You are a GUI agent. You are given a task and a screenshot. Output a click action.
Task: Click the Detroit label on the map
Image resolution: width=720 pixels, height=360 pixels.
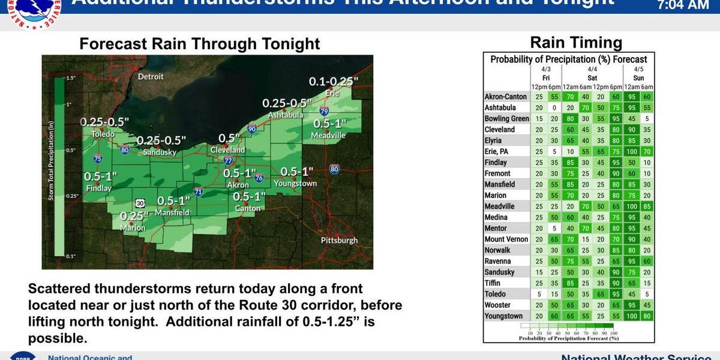[151, 77]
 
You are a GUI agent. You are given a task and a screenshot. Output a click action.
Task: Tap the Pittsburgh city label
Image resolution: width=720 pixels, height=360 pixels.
[339, 240]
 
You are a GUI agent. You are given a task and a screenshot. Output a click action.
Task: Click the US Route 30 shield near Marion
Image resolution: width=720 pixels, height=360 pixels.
[139, 203]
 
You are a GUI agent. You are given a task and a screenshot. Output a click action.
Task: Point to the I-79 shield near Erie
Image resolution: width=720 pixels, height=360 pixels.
[324, 112]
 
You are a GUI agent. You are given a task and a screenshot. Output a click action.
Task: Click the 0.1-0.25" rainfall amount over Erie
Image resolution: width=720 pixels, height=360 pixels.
[334, 81]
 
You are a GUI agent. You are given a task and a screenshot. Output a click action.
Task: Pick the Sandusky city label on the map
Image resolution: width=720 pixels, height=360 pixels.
[160, 152]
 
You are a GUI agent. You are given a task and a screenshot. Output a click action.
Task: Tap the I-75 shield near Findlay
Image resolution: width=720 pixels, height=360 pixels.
[98, 159]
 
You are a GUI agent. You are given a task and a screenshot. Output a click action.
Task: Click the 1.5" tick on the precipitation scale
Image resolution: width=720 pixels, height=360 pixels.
[70, 78]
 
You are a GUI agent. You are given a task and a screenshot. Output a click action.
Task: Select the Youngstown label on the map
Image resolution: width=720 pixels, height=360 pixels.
[295, 184]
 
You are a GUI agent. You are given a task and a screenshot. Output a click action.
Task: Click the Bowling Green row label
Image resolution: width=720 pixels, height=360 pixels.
[506, 119]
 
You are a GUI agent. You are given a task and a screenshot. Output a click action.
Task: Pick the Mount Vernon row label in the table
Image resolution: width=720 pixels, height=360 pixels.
[506, 239]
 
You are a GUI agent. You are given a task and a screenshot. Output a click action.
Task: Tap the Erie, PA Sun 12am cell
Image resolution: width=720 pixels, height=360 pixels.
[631, 152]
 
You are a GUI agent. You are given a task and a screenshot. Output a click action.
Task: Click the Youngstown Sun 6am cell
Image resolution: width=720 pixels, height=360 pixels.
[646, 316]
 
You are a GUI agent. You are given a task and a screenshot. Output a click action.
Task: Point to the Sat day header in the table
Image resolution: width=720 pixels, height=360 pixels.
[592, 78]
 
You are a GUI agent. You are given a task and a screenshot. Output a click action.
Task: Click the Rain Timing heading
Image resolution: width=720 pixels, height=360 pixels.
[568, 43]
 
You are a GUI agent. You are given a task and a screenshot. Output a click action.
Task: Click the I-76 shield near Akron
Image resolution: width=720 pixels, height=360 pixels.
[259, 178]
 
